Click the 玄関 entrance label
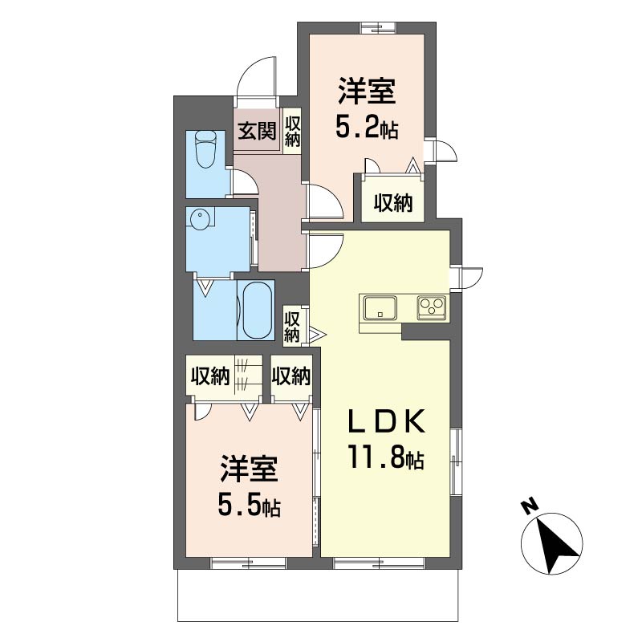tap(257, 131)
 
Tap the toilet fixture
tap(205, 150)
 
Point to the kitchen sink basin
tap(380, 308)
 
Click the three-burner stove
tap(432, 307)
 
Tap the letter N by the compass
tap(530, 506)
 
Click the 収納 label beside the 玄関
tap(292, 131)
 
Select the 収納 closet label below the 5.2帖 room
tap(393, 202)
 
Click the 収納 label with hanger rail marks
tap(210, 375)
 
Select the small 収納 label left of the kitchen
tap(292, 327)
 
